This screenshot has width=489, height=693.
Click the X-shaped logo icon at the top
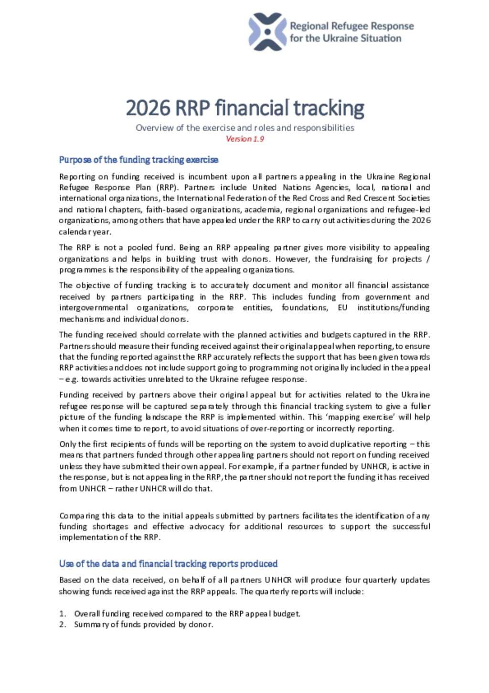click(x=267, y=32)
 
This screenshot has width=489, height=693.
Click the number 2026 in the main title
click(x=148, y=108)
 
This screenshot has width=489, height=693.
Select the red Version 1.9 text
click(x=244, y=139)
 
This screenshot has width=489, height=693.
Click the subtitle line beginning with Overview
click(x=244, y=128)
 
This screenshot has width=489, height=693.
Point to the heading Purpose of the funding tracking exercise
click(x=138, y=160)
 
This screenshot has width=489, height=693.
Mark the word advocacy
click(x=206, y=526)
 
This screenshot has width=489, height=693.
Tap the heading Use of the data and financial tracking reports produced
click(x=168, y=564)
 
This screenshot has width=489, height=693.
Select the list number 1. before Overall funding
click(x=63, y=614)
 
